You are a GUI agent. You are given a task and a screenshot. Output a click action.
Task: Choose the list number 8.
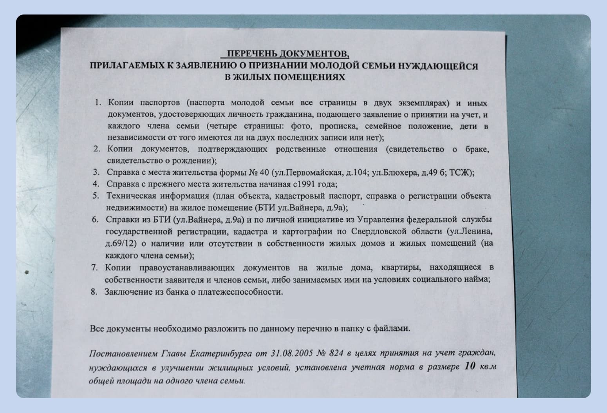[94, 292]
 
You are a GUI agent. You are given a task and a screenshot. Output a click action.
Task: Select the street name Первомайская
[311, 172]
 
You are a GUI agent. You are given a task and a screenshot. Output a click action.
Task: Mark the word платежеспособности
[240, 292]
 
